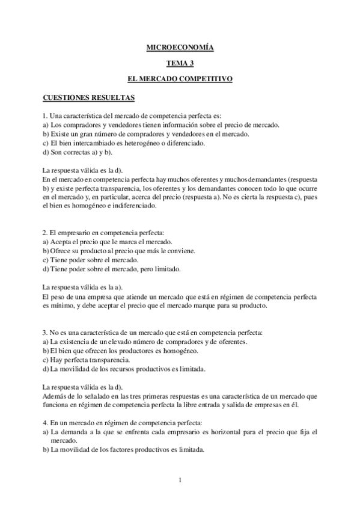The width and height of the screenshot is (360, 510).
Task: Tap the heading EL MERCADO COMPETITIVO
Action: click(180, 79)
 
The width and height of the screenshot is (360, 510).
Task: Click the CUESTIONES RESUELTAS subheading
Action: click(88, 97)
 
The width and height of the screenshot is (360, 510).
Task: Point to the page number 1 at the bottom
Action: click(180, 479)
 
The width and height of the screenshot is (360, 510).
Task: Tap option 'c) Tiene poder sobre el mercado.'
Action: click(91, 260)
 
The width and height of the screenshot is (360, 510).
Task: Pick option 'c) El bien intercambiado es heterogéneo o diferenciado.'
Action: click(124, 143)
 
